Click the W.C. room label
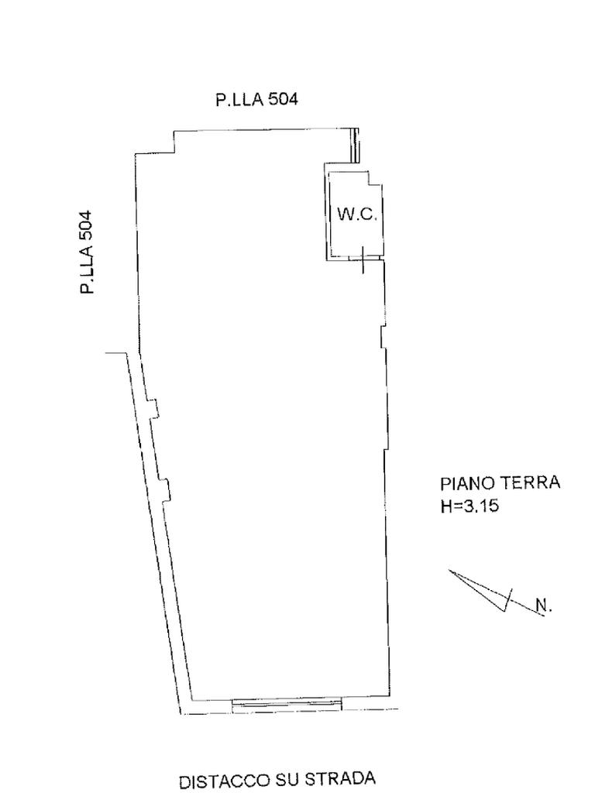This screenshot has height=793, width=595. click(x=356, y=215)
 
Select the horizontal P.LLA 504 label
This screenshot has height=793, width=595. click(x=256, y=99)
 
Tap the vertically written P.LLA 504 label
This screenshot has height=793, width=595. click(x=87, y=252)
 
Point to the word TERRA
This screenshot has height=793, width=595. click(x=533, y=483)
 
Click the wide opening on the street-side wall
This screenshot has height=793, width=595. click(x=287, y=703)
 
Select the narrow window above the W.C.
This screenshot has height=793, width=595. click(x=356, y=146)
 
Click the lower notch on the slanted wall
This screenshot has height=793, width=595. click(x=165, y=489)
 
